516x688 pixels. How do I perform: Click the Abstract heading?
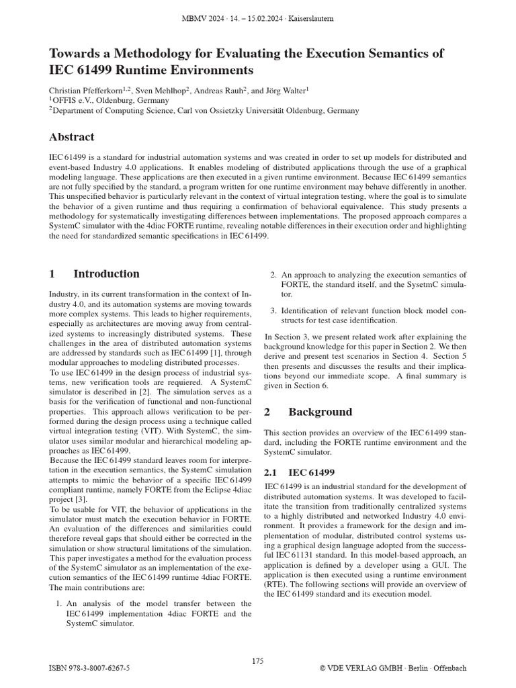click(71, 137)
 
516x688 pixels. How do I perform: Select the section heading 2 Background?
click(308, 412)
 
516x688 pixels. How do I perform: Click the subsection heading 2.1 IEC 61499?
click(300, 473)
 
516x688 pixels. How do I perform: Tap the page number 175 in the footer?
click(258, 661)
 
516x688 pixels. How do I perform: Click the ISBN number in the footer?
click(90, 669)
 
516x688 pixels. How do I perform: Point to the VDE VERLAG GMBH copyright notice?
click(392, 669)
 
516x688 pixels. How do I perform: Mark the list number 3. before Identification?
click(273, 310)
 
